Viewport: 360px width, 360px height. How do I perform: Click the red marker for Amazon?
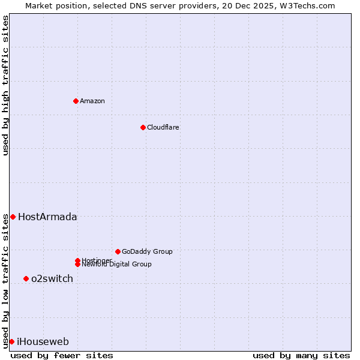click(76, 101)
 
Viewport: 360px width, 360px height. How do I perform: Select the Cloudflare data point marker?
click(143, 127)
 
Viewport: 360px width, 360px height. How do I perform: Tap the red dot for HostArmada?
click(13, 217)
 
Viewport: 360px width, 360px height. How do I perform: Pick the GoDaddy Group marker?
click(118, 251)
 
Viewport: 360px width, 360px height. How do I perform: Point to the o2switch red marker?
click(26, 278)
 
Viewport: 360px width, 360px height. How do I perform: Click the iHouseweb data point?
click(11, 341)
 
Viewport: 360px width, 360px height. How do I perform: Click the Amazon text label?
click(92, 101)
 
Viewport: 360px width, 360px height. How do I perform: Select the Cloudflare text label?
click(163, 127)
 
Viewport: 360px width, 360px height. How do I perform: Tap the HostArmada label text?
click(47, 217)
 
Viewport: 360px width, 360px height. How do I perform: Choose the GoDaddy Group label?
click(147, 251)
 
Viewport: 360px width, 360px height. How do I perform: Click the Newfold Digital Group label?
click(116, 265)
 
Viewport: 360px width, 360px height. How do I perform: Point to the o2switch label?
click(52, 278)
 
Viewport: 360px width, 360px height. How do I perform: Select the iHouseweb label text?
click(43, 342)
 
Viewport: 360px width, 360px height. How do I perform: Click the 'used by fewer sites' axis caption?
click(62, 355)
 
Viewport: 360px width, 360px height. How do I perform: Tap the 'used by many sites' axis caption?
click(301, 355)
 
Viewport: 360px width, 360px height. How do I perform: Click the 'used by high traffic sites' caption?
click(5, 85)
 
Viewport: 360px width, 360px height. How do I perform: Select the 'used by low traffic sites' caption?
click(5, 281)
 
